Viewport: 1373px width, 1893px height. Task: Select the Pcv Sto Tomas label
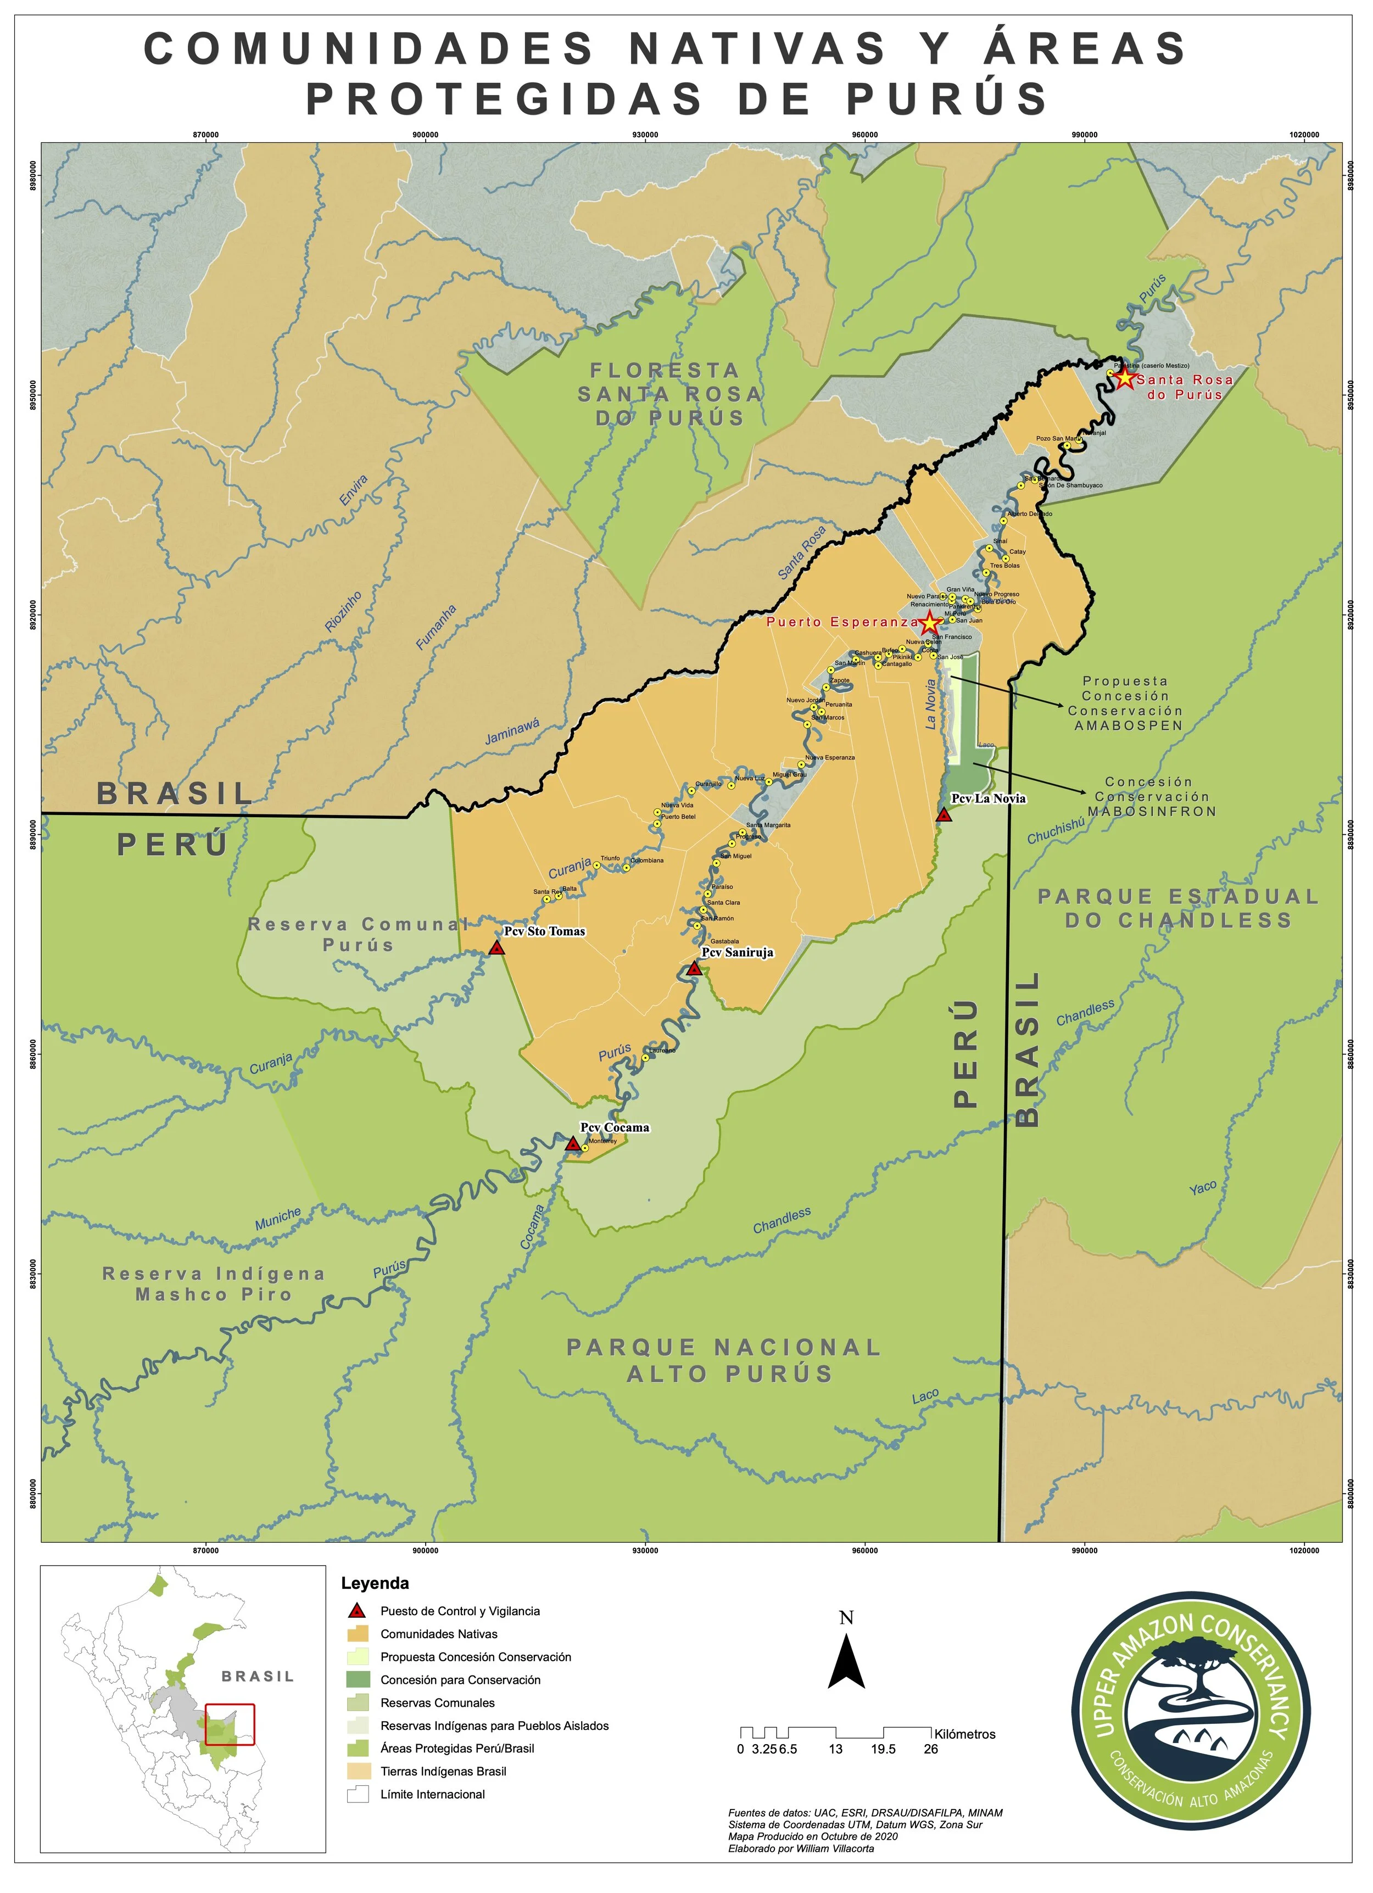tap(544, 931)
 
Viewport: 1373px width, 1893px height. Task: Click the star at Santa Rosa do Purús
tap(1124, 378)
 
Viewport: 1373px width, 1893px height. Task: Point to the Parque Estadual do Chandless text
tap(1177, 908)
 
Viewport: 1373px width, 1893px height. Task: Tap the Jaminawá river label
tap(512, 731)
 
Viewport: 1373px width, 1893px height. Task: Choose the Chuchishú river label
tap(1056, 830)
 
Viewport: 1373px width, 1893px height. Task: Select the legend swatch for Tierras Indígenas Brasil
tap(358, 1771)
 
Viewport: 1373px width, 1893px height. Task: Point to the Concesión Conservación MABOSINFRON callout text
tap(1151, 796)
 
